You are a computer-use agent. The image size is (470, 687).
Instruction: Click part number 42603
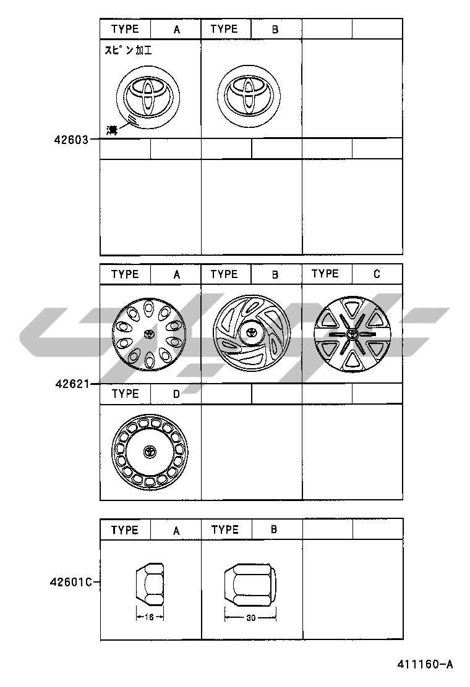click(x=71, y=140)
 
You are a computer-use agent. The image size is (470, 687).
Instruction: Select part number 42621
click(x=72, y=384)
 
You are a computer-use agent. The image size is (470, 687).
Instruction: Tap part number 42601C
click(x=71, y=583)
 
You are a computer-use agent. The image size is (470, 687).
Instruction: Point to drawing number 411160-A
click(x=425, y=665)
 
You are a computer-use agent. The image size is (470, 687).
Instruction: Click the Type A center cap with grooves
click(x=148, y=97)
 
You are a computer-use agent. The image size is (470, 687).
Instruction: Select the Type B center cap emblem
click(x=249, y=96)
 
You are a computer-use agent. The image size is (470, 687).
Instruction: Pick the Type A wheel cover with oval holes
click(x=149, y=335)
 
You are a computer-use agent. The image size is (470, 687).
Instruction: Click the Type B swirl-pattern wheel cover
click(x=252, y=333)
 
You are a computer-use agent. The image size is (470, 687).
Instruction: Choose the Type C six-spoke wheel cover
click(x=352, y=334)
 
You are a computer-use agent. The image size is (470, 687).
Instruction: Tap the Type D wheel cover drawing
click(x=149, y=452)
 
